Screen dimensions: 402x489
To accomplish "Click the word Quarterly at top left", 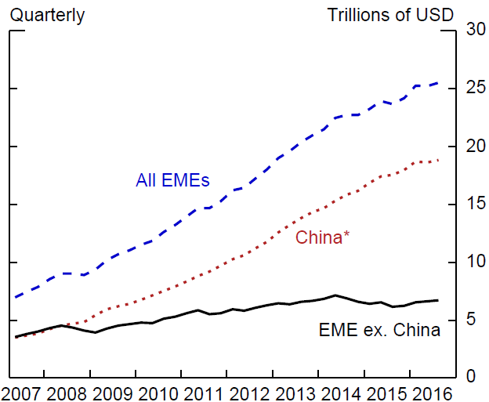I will (47, 16).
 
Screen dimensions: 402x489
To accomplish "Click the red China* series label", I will (322, 237).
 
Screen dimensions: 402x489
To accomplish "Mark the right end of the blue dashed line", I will (438, 83).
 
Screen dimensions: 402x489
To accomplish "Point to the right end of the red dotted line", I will (438, 161).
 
